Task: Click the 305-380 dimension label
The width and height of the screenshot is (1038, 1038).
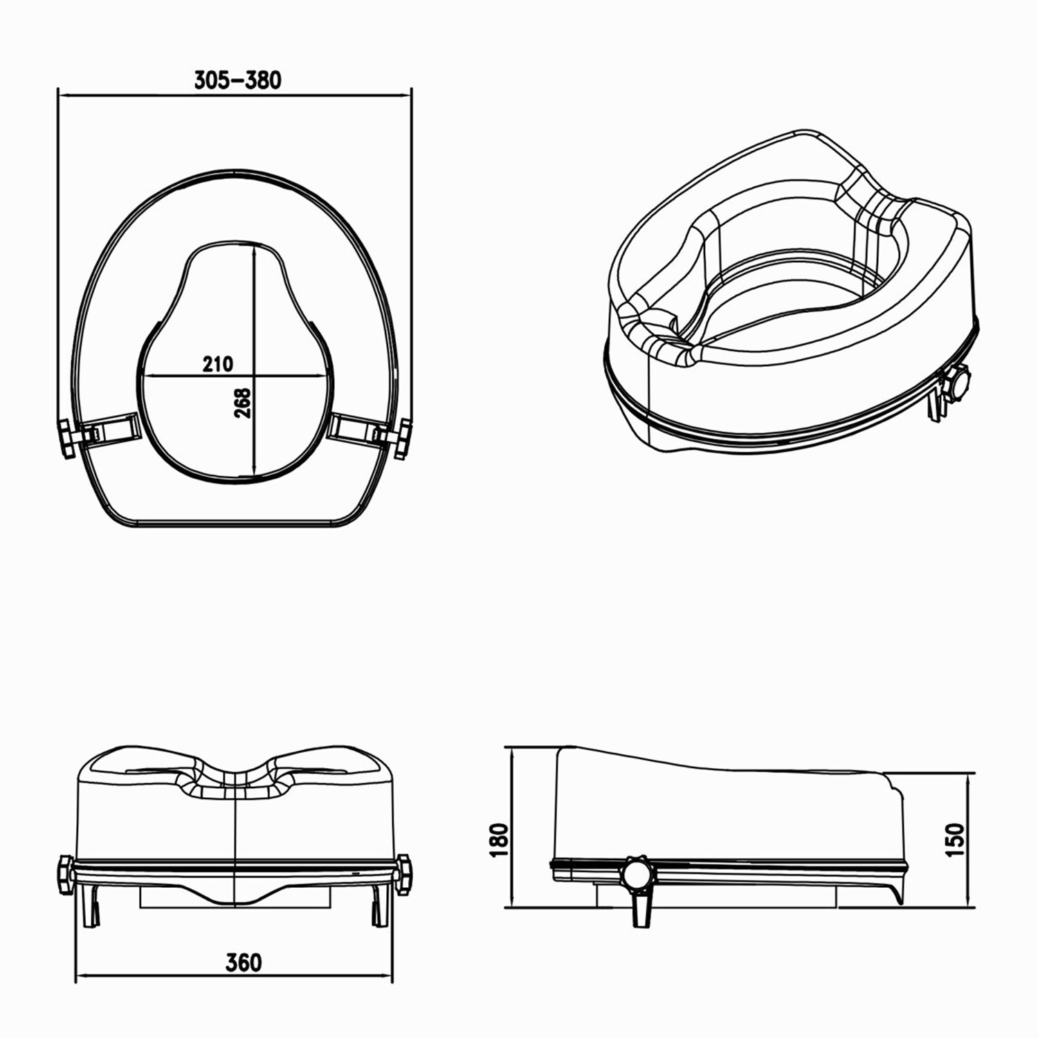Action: tap(237, 80)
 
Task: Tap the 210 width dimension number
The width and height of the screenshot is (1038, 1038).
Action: tap(218, 363)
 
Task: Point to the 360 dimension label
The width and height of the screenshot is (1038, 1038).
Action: tap(244, 962)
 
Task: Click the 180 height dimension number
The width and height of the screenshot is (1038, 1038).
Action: tap(499, 840)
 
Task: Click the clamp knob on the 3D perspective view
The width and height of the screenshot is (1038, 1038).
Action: tap(958, 385)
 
